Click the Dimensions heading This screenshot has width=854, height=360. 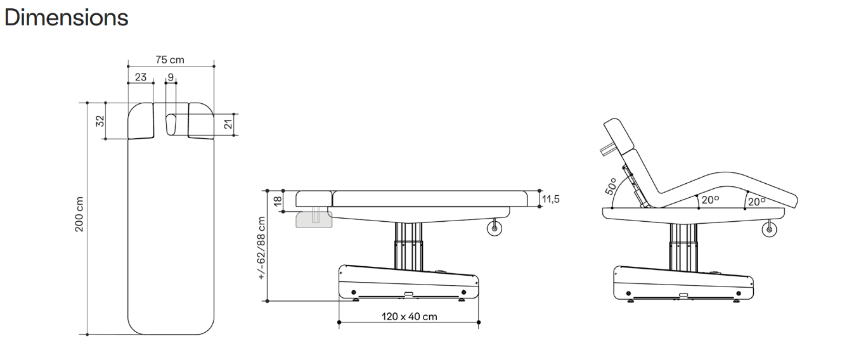tap(66, 17)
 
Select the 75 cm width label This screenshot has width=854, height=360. tap(170, 60)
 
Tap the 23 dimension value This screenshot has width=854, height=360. tap(140, 77)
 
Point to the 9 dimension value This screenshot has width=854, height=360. tap(170, 77)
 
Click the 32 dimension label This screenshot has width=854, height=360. tap(100, 120)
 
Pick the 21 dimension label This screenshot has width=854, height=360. tap(229, 125)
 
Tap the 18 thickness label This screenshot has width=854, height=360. tap(277, 201)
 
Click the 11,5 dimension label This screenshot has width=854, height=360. tap(550, 199)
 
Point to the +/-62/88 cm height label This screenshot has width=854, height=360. tap(261, 248)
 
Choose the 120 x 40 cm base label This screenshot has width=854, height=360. tap(409, 316)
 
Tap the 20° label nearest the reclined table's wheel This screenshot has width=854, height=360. tap(756, 201)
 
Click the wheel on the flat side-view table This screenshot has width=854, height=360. tap(495, 228)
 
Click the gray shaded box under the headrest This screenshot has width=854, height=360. tap(313, 219)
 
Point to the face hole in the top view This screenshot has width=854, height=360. tap(171, 124)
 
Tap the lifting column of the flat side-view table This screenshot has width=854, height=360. tap(408, 244)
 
